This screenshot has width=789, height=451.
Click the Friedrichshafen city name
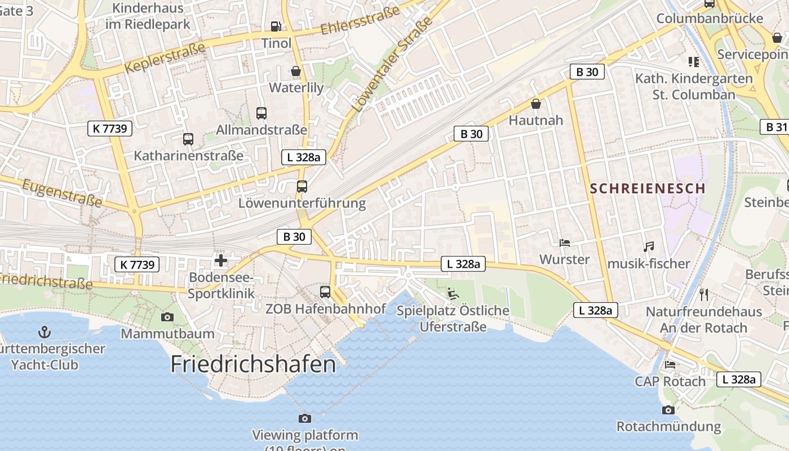[253, 364]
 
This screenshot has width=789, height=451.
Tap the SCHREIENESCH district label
[648, 188]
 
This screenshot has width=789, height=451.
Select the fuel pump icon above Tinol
[276, 26]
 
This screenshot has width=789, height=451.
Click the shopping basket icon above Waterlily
[295, 72]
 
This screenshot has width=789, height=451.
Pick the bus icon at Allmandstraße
[261, 113]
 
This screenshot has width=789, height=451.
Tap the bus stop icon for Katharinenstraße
[188, 139]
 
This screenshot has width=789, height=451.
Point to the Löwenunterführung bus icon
[302, 187]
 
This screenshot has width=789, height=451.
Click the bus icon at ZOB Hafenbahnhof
[325, 291]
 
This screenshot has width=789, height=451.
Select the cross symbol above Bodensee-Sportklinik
[221, 260]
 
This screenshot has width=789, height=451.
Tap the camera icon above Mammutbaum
[167, 317]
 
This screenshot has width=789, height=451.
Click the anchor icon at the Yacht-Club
[44, 331]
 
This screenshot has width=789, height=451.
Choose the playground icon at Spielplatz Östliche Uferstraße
[453, 293]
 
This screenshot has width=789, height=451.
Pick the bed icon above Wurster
[564, 243]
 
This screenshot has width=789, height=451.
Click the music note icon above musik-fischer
[649, 246]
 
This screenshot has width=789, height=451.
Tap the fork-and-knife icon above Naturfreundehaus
[703, 294]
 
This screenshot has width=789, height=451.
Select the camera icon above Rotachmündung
[668, 410]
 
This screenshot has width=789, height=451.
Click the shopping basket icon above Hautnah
[535, 104]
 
